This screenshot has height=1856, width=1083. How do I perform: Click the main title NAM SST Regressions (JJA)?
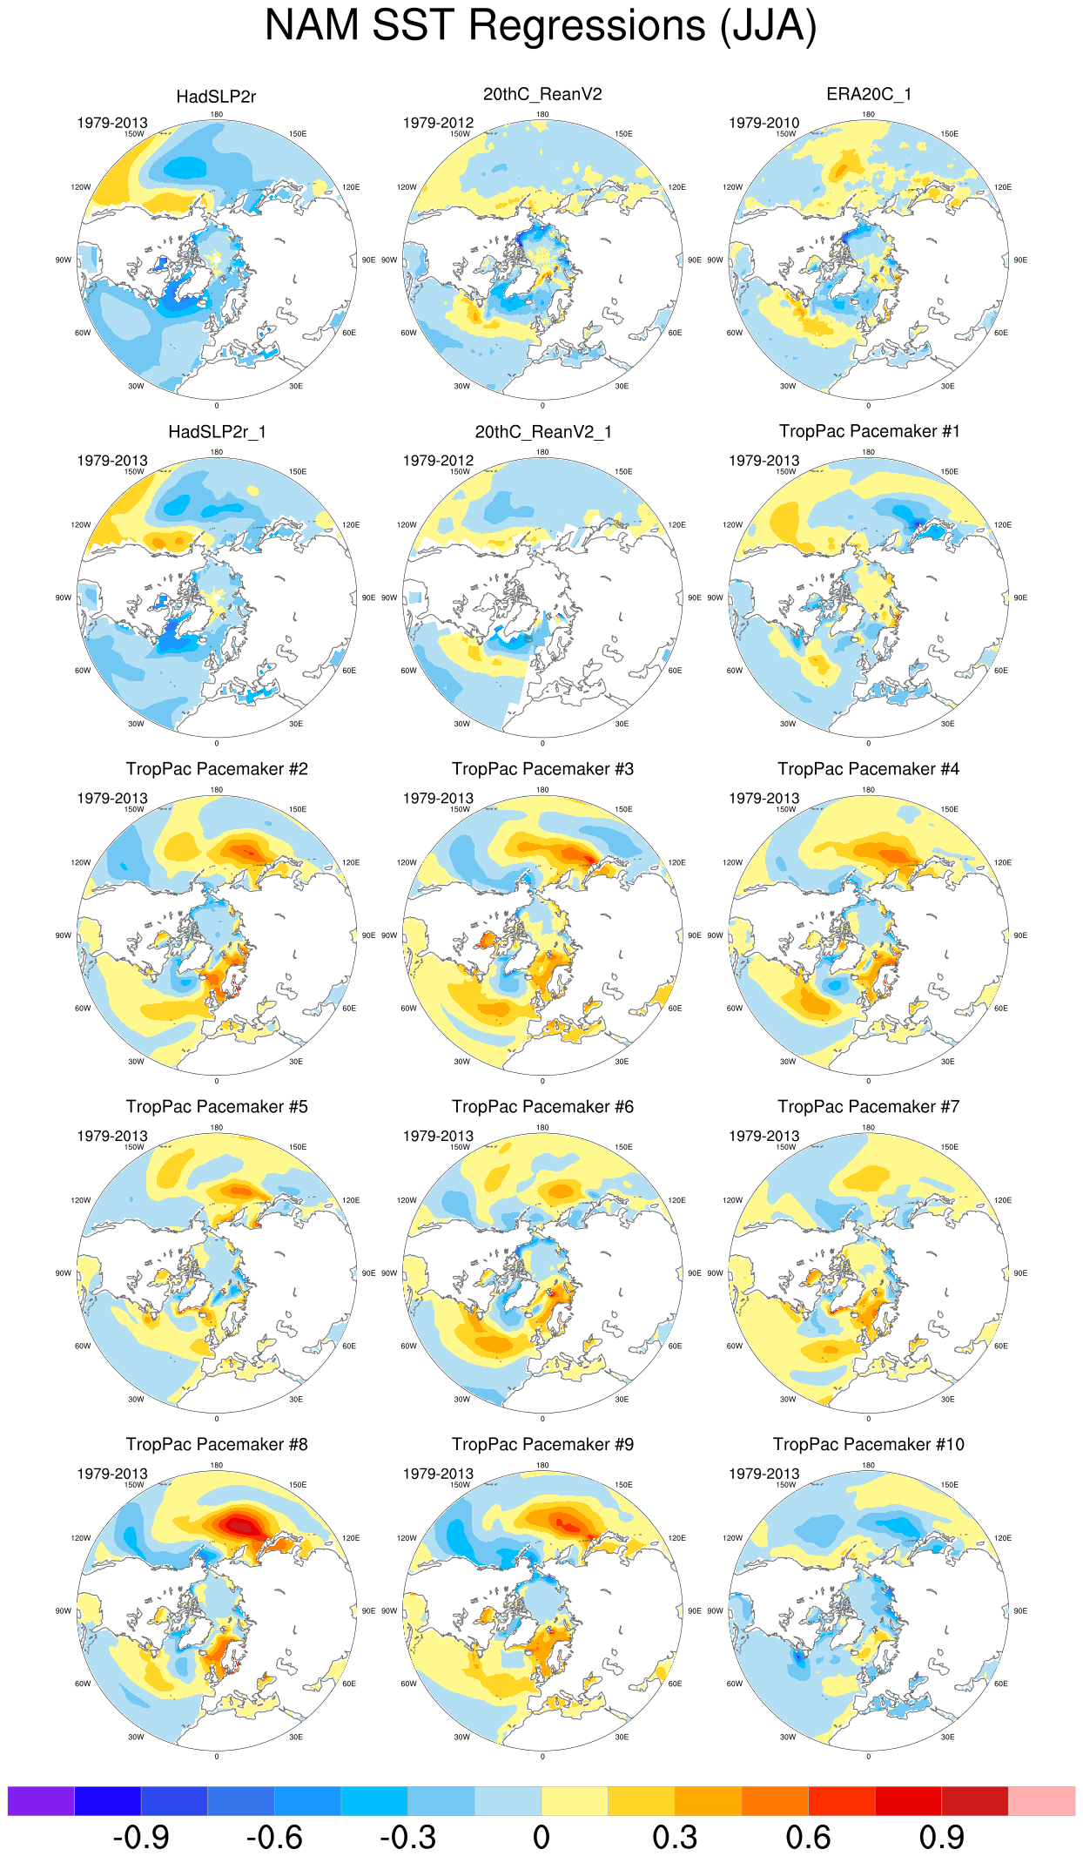[x=541, y=26]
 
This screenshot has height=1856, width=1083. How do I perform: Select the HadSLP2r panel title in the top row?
[x=216, y=97]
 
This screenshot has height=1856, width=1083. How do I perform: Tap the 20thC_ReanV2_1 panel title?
[x=542, y=432]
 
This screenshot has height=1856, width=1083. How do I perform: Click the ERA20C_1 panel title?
[x=868, y=94]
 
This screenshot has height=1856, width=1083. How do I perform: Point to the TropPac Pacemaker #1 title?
[x=869, y=431]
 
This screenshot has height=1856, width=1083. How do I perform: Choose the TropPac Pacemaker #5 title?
[x=217, y=1106]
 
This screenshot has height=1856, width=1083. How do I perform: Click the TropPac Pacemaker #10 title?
[x=868, y=1444]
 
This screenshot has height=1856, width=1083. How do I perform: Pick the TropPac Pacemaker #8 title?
[x=217, y=1444]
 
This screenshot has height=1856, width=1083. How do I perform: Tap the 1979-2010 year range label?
[x=763, y=123]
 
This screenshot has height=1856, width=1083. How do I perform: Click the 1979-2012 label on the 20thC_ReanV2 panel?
[x=438, y=123]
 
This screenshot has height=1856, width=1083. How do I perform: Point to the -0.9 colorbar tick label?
[x=141, y=1838]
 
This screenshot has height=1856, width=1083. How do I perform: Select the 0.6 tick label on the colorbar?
[x=808, y=1838]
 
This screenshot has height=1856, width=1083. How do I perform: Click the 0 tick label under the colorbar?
[x=541, y=1838]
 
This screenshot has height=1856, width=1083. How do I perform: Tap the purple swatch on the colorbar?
[x=41, y=1801]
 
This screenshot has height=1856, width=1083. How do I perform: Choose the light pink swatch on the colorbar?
[x=1041, y=1801]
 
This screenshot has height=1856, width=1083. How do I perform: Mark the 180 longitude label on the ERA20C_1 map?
[x=868, y=114]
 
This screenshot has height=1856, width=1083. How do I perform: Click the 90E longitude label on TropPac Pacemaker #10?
[x=1020, y=1610]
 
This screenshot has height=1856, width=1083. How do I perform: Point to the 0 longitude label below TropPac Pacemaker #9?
[x=542, y=1757]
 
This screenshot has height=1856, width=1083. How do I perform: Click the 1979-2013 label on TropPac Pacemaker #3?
[x=438, y=798]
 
